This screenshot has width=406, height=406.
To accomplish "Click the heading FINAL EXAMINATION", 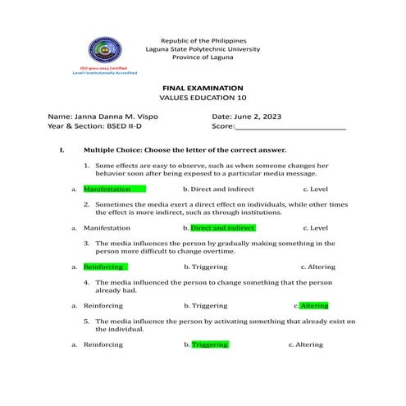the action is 202,87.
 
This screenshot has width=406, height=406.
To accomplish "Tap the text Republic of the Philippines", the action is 202,39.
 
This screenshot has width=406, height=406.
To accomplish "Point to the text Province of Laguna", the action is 202,58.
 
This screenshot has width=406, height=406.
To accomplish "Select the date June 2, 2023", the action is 258,117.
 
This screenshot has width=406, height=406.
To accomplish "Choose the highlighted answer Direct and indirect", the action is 222,227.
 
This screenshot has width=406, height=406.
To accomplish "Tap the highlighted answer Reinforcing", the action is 104,267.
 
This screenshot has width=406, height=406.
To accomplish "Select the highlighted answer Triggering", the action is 210,344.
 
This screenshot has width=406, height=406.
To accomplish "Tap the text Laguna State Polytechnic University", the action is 202,49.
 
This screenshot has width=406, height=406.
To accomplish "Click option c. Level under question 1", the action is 315,189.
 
